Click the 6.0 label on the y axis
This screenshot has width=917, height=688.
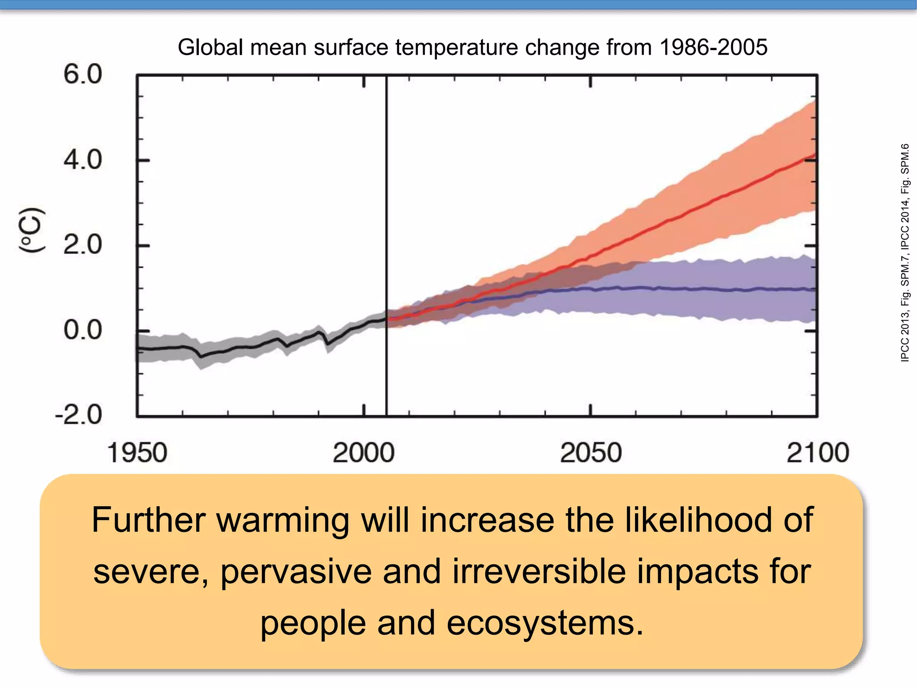(x=83, y=74)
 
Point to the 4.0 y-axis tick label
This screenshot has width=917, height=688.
(x=83, y=160)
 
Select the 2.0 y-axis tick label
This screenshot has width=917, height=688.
(x=83, y=245)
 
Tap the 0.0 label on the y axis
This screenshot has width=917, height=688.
(x=83, y=330)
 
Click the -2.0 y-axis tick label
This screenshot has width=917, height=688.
(x=79, y=415)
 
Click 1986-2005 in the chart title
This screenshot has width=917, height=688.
(x=714, y=47)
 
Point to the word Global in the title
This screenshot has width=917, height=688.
(x=211, y=47)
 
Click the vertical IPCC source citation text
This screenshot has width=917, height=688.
(x=905, y=253)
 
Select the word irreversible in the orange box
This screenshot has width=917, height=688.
(x=539, y=572)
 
